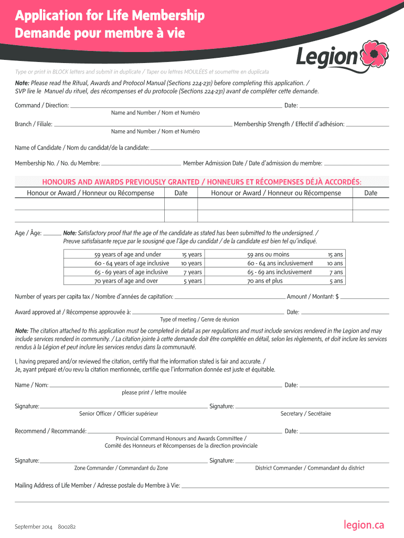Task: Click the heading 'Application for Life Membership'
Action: pyautogui.click(x=110, y=17)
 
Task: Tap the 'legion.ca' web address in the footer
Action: pyautogui.click(x=364, y=524)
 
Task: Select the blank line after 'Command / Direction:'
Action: pyautogui.click(x=176, y=107)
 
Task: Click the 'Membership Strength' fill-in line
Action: pyautogui.click(x=368, y=126)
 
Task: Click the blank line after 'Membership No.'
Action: pyautogui.click(x=140, y=165)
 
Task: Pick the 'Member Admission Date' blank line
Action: pyautogui.click(x=356, y=165)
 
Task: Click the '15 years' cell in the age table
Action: pyautogui.click(x=192, y=254)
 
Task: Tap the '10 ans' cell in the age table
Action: pyautogui.click(x=335, y=263)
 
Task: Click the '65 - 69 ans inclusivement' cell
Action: pyautogui.click(x=280, y=272)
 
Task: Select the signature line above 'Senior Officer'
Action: pyautogui.click(x=124, y=407)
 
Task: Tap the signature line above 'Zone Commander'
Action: pyautogui.click(x=124, y=462)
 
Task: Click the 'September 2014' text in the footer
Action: pyautogui.click(x=34, y=527)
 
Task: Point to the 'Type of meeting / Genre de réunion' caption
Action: pyautogui.click(x=199, y=319)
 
